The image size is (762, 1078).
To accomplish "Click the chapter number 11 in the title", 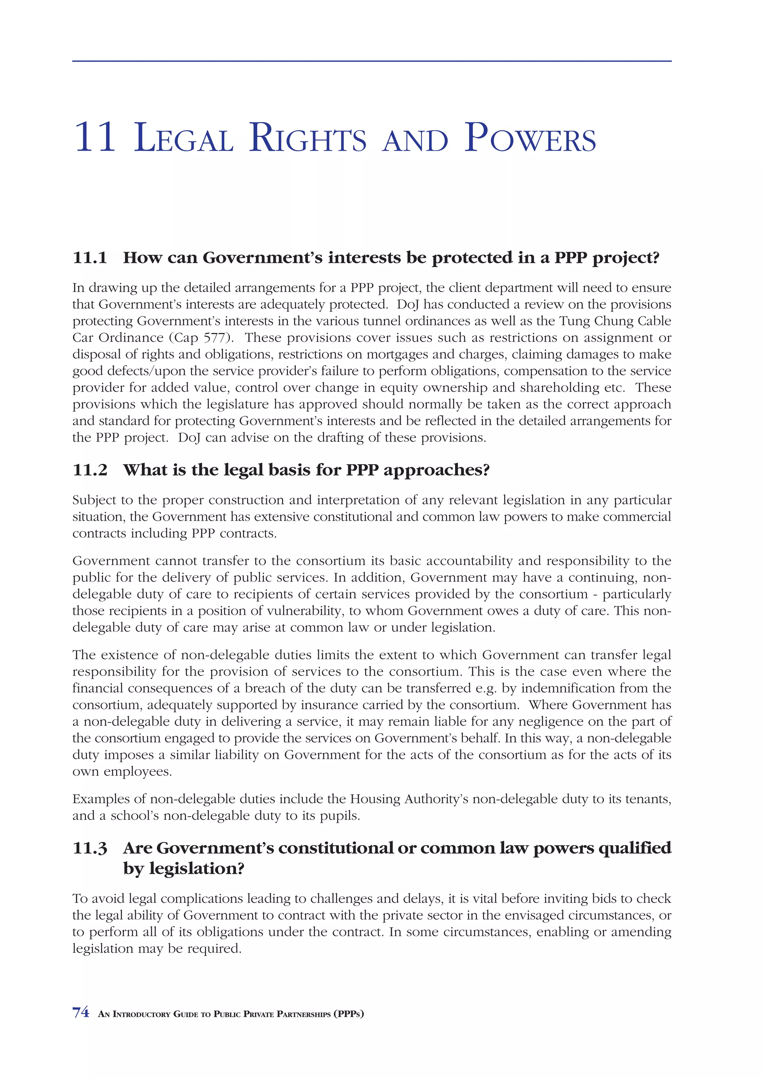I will tap(95, 138).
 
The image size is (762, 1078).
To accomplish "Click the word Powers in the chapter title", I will tap(529, 138).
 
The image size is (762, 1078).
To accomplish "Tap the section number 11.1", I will tap(90, 258).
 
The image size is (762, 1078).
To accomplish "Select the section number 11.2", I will tap(90, 470).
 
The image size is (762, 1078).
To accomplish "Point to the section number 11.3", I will tap(90, 848).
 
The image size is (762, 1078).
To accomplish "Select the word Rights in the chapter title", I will tap(308, 138).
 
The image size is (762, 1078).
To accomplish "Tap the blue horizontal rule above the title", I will tap(371, 61).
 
